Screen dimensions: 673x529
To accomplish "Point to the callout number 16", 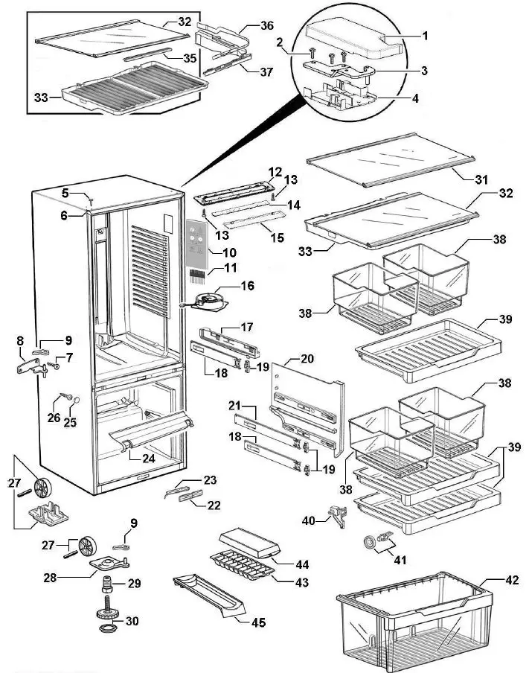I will click(x=246, y=285).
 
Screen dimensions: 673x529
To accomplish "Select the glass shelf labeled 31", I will click(x=385, y=164).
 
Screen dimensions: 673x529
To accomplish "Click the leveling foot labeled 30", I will click(x=107, y=620).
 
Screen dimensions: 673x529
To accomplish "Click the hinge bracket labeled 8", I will click(x=29, y=367).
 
